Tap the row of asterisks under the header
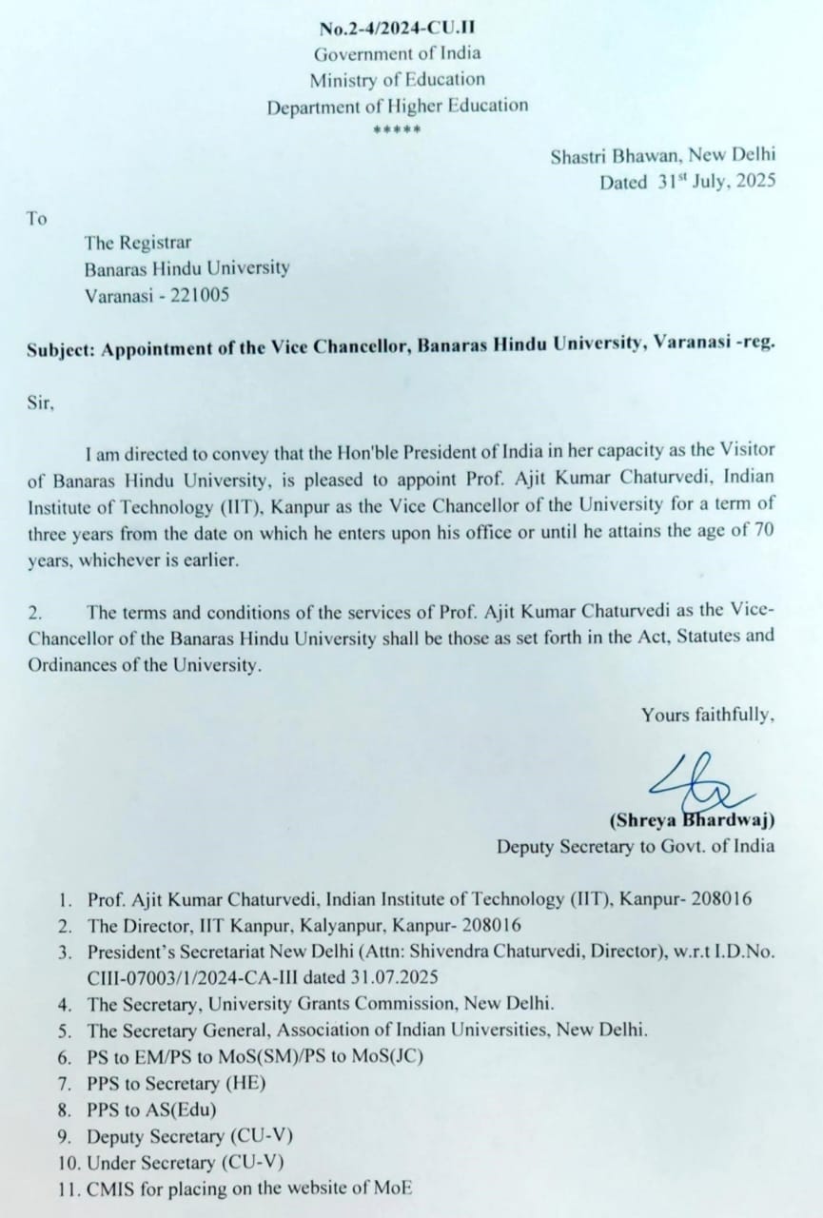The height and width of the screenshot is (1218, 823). coord(398,129)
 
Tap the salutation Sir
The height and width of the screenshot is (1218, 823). coord(41,403)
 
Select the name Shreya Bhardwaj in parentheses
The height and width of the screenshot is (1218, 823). coord(690,819)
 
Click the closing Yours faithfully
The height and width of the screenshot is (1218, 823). coord(707,715)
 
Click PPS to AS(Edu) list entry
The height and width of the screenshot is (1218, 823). coord(152,1109)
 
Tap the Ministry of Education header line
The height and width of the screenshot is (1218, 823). coord(398,80)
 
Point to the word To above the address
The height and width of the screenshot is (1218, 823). coord(36,219)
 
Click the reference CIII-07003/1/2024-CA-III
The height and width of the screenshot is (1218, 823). coord(206,976)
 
